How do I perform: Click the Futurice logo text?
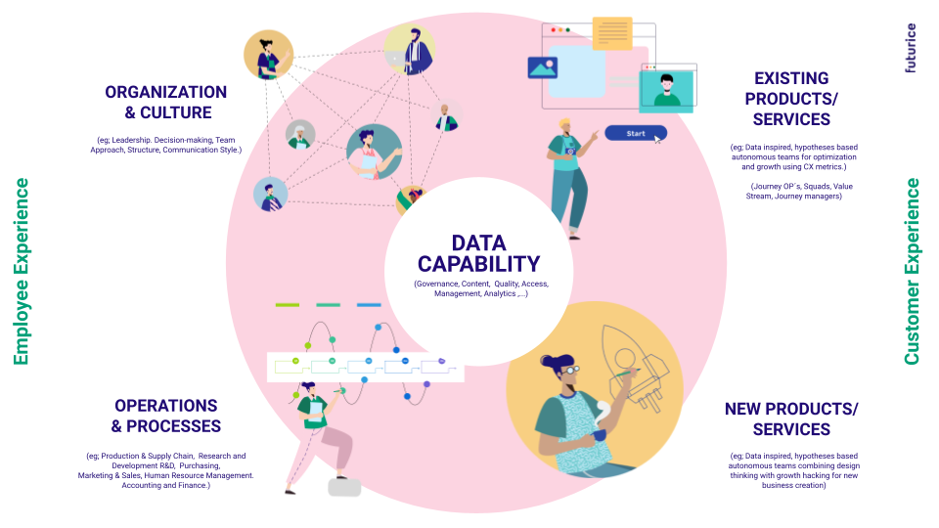click(x=911, y=49)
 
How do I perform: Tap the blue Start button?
click(x=635, y=133)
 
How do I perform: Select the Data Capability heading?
click(x=478, y=253)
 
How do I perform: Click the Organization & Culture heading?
click(x=166, y=102)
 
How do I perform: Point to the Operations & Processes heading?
click(x=165, y=416)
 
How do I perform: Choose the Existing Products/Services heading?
click(x=791, y=99)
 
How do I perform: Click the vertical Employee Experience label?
click(x=22, y=272)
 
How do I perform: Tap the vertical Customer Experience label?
click(x=912, y=272)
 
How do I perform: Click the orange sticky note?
click(x=612, y=32)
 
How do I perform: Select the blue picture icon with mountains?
click(x=542, y=67)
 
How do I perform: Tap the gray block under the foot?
click(x=344, y=487)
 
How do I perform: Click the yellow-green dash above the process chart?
click(x=288, y=305)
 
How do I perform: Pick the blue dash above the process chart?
click(x=369, y=305)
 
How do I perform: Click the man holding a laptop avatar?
click(x=409, y=50)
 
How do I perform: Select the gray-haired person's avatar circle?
click(x=300, y=135)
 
